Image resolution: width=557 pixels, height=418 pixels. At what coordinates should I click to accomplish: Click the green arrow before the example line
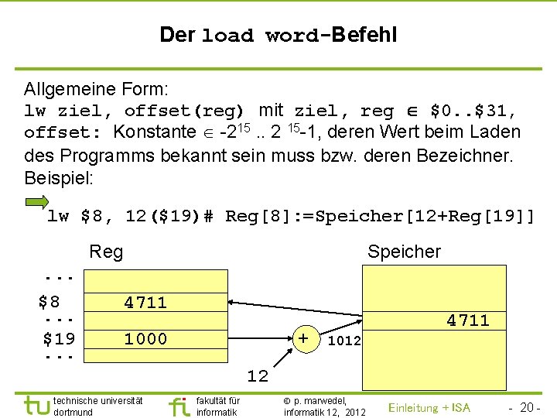[36, 204]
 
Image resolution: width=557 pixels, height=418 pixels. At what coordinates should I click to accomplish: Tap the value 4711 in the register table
[145, 303]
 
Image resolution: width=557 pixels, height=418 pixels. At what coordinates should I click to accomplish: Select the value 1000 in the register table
[145, 339]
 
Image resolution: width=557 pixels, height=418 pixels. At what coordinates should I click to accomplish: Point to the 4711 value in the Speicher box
[468, 320]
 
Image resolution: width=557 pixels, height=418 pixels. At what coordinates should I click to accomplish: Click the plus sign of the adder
[304, 337]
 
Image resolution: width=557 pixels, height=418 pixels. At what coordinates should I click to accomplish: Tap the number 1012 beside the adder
[344, 341]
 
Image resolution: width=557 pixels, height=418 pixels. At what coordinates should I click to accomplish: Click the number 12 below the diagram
[258, 376]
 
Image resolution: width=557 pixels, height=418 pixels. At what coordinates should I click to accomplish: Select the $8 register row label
[50, 301]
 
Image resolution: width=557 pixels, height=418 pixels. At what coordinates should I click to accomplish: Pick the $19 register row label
[59, 338]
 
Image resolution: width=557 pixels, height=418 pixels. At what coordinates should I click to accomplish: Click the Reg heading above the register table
[106, 252]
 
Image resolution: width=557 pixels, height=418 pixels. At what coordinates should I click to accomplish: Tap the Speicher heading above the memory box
[404, 252]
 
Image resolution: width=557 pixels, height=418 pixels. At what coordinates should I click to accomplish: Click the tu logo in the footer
[36, 405]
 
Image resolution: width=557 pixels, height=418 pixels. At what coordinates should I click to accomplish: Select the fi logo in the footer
[179, 406]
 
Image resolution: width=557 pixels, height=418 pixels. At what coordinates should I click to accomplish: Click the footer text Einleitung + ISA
[429, 408]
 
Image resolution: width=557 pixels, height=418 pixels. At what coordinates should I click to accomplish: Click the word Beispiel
[59, 178]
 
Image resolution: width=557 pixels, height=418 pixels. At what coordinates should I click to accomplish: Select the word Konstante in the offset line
[155, 132]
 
